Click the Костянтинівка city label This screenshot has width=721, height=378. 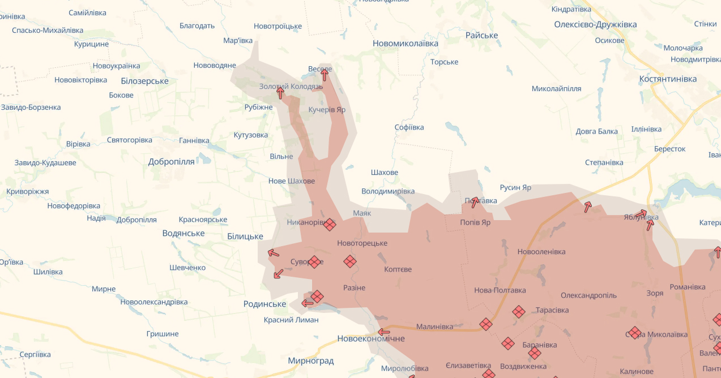pos(668,79)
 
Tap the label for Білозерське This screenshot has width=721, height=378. pos(144,81)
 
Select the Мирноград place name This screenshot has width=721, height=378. pos(310,360)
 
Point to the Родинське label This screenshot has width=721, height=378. pos(264,304)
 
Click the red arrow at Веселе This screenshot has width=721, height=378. pos(325,75)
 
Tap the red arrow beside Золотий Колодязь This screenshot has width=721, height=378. pos(280,93)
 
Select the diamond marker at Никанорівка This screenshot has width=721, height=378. pos(330,225)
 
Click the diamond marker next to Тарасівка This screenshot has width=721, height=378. pos(519,312)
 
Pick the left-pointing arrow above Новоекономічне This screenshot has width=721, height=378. pos(384,332)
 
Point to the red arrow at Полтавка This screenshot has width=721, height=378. pos(475,202)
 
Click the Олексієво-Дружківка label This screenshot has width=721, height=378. pos(595,24)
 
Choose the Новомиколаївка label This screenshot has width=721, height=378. pos(406,43)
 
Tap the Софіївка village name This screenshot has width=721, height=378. pos(409,127)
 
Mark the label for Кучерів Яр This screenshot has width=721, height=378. pos(327,110)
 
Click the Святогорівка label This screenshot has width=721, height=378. pos(130,140)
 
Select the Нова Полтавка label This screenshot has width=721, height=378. pos(500,290)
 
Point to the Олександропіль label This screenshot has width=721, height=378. pos(588,295)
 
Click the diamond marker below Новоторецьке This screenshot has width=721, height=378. pos(350,261)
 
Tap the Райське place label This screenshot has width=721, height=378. pos(481,35)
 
